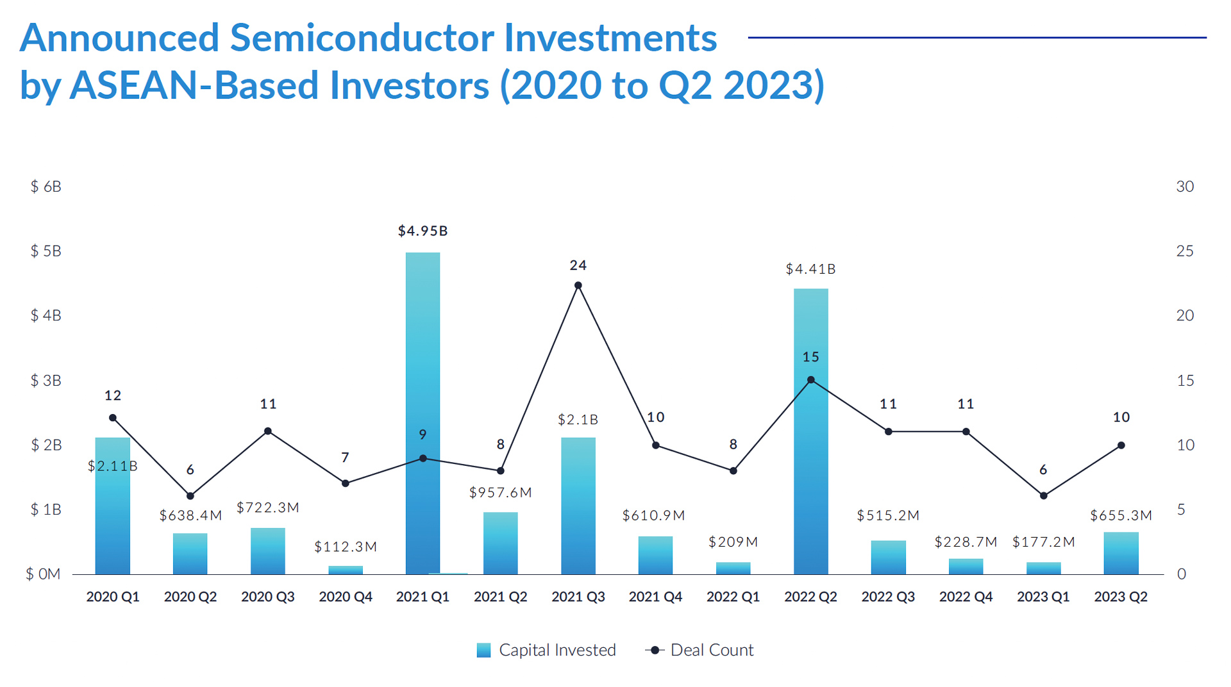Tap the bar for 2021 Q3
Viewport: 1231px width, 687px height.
(x=578, y=506)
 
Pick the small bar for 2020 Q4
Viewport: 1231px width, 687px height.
(x=346, y=570)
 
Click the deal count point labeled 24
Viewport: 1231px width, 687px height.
(x=578, y=285)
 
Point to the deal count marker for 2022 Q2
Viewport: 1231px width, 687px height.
(x=810, y=380)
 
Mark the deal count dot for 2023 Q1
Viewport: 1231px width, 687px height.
(x=1043, y=495)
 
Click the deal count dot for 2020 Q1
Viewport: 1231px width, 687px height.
(x=113, y=418)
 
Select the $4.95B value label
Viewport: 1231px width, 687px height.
(x=423, y=231)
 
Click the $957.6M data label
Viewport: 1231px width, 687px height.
(x=500, y=492)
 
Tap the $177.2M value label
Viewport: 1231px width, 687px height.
(x=1043, y=542)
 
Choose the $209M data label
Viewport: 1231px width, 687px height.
(x=733, y=542)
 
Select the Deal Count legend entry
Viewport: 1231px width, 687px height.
(x=700, y=650)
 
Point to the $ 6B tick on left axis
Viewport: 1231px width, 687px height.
(x=46, y=186)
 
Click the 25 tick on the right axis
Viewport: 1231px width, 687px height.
(x=1184, y=251)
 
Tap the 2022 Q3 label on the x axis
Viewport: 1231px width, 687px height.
(x=888, y=597)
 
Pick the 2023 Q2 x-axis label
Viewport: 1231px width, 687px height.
(x=1120, y=597)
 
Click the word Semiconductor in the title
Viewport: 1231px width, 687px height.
(x=362, y=38)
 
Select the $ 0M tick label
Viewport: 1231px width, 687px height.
(x=43, y=574)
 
